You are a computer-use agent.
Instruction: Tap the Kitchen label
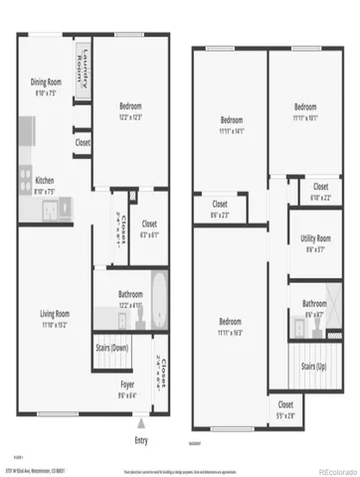[x=45, y=180]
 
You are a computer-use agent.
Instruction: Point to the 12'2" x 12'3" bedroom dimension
[x=130, y=117]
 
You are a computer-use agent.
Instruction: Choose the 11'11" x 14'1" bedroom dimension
[x=231, y=129]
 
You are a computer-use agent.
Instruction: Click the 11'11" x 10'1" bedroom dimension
[x=304, y=116]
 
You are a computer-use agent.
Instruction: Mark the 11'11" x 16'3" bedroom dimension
[x=230, y=334]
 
